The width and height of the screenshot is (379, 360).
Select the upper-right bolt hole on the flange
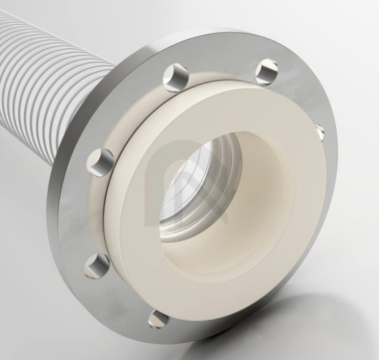(267, 72)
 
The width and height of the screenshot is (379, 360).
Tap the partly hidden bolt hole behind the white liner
(319, 132)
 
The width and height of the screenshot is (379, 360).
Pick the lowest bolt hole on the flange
(160, 318)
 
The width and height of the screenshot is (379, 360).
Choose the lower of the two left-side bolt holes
(97, 265)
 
